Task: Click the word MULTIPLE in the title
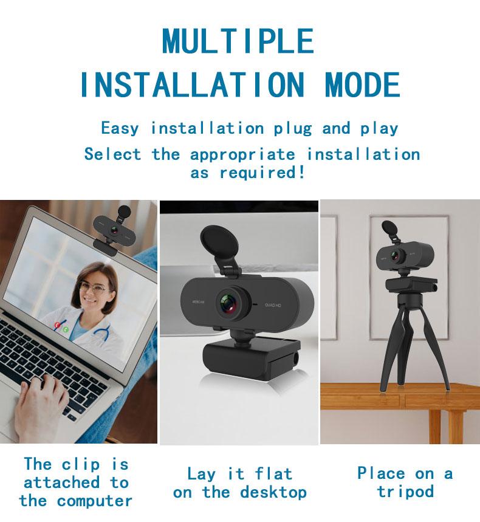pyautogui.click(x=238, y=41)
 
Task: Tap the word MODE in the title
pyautogui.click(x=363, y=84)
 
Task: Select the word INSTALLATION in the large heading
pyautogui.click(x=191, y=84)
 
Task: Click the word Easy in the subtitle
pyautogui.click(x=120, y=128)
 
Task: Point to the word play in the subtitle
pyautogui.click(x=379, y=129)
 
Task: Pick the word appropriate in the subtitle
pyautogui.click(x=242, y=154)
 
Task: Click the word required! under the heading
pyautogui.click(x=262, y=173)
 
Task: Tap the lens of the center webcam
pyautogui.click(x=231, y=301)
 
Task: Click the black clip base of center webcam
pyautogui.click(x=250, y=362)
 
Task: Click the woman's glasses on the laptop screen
pyautogui.click(x=93, y=288)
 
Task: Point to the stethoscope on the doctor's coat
pyautogui.click(x=101, y=334)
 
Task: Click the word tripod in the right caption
pyautogui.click(x=405, y=492)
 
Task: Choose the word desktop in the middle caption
pyautogui.click(x=273, y=492)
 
